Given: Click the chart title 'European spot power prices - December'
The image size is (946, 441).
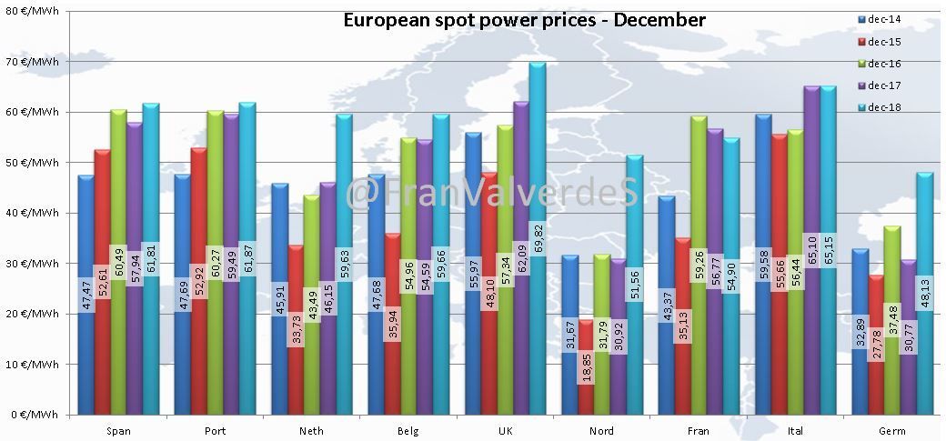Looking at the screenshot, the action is click(x=524, y=20).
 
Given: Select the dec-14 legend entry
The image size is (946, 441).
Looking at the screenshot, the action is click(x=879, y=19).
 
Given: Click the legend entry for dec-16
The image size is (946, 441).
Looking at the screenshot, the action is click(x=879, y=64).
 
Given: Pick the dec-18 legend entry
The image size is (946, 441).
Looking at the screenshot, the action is click(x=879, y=107).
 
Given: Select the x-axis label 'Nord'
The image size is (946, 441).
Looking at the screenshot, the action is click(x=601, y=431).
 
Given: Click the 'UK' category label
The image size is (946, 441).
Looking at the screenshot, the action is click(x=505, y=431).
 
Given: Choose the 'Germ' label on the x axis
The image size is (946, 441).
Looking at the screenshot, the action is click(x=891, y=431).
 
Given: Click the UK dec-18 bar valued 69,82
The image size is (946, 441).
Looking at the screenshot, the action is click(x=538, y=238).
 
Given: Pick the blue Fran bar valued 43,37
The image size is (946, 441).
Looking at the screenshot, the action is click(x=667, y=306).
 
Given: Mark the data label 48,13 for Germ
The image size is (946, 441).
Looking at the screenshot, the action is click(x=925, y=293).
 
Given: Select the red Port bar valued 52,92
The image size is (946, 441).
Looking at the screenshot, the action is click(x=199, y=281).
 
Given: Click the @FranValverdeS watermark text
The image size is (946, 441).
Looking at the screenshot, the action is click(x=492, y=194).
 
